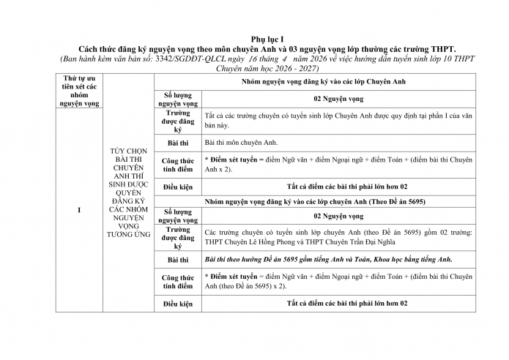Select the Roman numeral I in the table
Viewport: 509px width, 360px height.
(x=78, y=210)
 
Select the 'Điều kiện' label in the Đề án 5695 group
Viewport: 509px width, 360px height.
(x=178, y=303)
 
